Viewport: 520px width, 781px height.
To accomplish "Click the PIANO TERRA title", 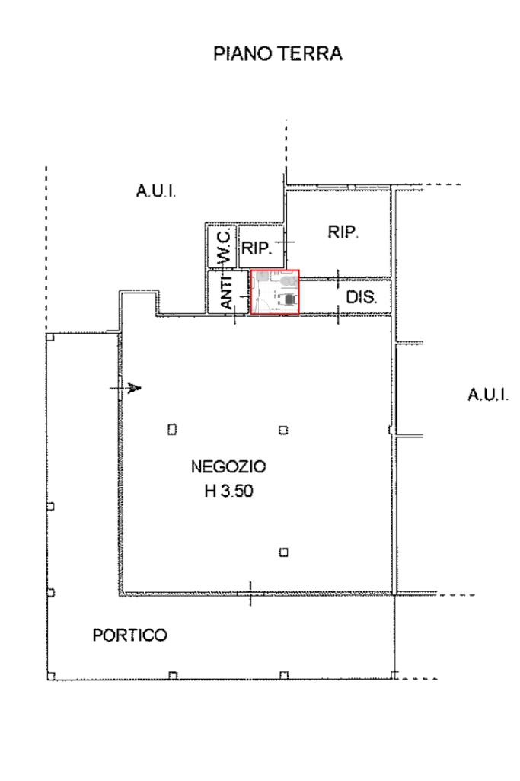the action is tap(277, 55).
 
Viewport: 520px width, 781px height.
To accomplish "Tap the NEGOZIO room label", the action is tap(228, 466).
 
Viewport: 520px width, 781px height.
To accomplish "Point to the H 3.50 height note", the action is tap(228, 491).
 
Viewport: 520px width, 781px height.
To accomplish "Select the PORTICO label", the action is tap(129, 635).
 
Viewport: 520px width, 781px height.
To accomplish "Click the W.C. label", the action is tap(225, 246).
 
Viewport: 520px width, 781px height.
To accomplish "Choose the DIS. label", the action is tap(361, 298).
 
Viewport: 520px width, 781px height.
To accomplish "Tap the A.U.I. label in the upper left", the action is tap(156, 192).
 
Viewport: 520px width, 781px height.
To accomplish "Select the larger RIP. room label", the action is tap(343, 233).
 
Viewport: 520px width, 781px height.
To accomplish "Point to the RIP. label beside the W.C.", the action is tap(257, 247).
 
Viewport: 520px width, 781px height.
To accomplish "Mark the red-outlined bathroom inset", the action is tap(275, 291).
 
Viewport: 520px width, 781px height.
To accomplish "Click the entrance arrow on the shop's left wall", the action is tap(134, 388).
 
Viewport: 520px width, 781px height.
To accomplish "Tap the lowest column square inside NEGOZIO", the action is tap(283, 552).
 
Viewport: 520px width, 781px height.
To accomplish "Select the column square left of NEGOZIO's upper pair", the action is tap(172, 429).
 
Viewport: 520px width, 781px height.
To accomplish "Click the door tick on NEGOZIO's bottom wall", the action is tap(250, 594).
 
